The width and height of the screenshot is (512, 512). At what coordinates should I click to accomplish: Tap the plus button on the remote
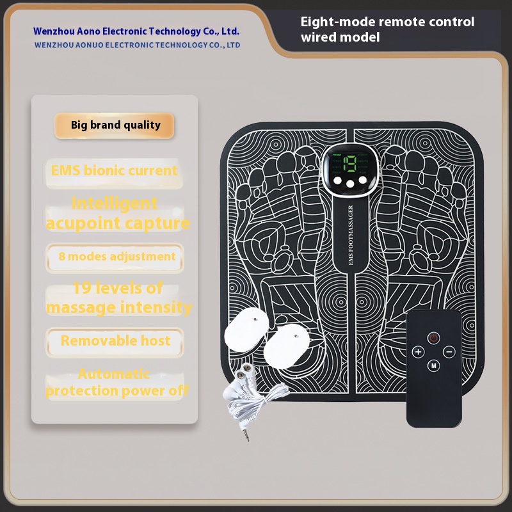(418, 351)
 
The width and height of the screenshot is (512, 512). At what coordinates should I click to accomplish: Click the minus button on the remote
(449, 351)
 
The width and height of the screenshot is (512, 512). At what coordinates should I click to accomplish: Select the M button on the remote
(434, 366)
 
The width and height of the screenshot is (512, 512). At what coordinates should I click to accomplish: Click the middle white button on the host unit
(350, 185)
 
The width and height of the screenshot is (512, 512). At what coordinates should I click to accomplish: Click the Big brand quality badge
(115, 125)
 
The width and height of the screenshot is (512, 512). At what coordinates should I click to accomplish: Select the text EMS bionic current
(114, 171)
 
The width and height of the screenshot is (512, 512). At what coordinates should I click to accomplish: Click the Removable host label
(115, 340)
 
